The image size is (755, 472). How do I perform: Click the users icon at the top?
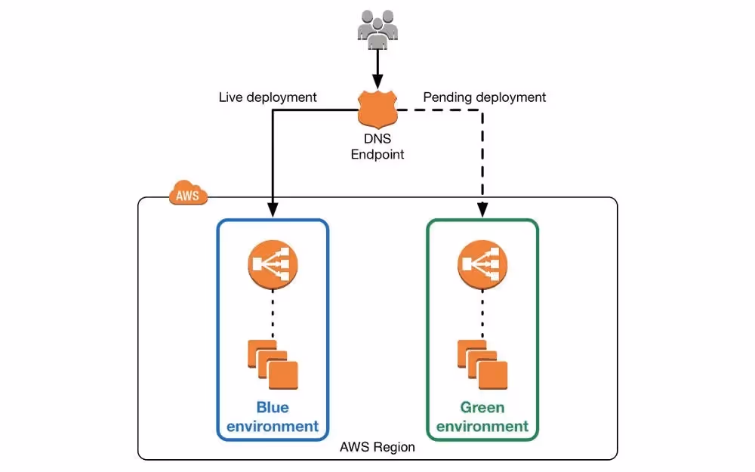point(377,28)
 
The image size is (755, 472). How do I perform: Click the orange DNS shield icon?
point(377,110)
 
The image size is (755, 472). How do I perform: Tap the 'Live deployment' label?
point(267,97)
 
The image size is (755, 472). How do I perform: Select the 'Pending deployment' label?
point(484,97)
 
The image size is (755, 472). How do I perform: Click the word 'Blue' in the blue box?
point(273,407)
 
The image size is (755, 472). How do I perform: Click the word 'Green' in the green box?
point(482,407)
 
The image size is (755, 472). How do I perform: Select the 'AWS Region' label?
point(377,447)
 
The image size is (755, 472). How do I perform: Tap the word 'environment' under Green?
point(482,426)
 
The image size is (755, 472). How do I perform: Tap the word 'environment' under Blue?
point(273,426)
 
